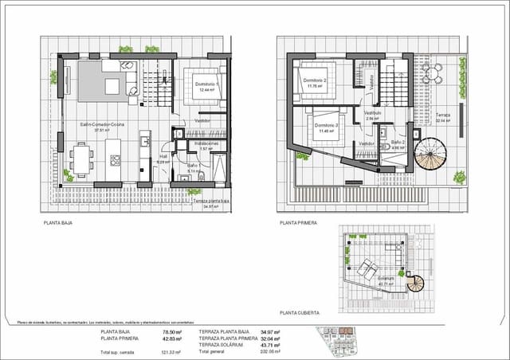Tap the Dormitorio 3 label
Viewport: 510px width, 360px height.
(327, 125)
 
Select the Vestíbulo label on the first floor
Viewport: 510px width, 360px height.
(373, 113)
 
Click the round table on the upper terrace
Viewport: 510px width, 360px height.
(433, 76)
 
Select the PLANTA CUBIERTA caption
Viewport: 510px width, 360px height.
(298, 314)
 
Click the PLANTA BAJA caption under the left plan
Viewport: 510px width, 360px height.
(60, 225)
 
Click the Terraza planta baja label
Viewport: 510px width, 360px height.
(211, 202)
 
